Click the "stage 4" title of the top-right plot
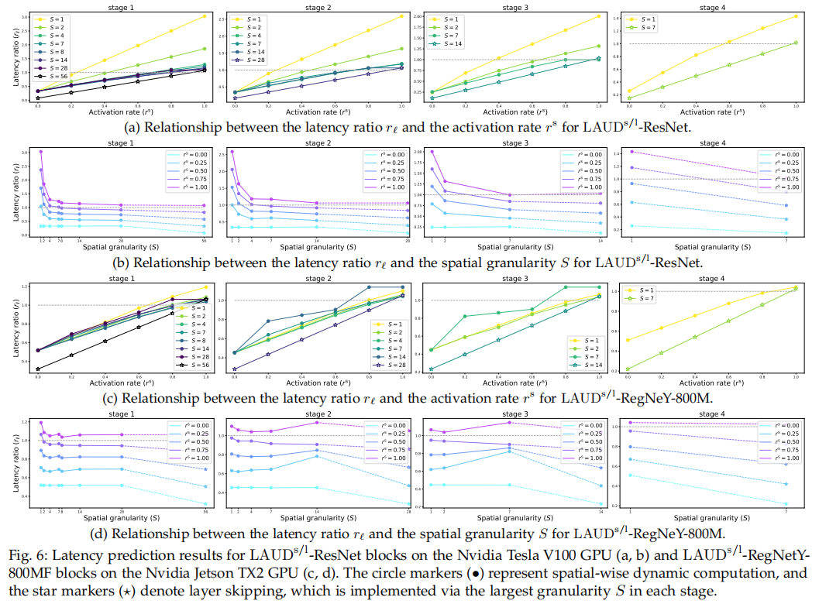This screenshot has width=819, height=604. [x=709, y=7]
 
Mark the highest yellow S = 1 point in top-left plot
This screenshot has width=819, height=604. [x=204, y=16]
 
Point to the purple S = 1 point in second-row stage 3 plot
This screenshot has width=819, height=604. [x=432, y=152]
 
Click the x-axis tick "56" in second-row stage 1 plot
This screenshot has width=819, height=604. [x=204, y=240]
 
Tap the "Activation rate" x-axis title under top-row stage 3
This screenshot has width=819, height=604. [x=512, y=112]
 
